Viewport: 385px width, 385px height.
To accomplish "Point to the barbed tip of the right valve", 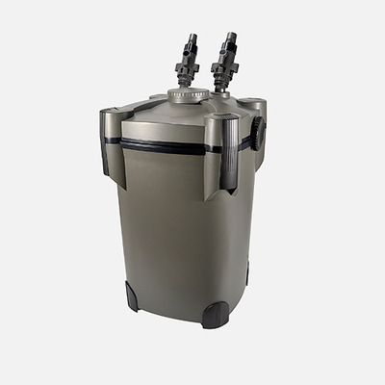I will pos(230,38).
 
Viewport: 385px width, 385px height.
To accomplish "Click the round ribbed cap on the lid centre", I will pos(189,95).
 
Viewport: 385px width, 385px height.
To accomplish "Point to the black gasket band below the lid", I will pos(164,146).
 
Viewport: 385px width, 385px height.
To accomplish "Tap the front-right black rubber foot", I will pos(215,315).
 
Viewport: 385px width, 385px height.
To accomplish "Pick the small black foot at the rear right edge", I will pos(246,274).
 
